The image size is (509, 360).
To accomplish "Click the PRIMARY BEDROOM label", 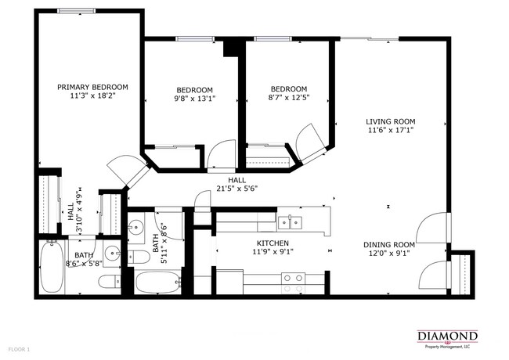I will click(x=92, y=87).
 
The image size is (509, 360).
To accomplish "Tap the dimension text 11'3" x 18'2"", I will click(x=92, y=96).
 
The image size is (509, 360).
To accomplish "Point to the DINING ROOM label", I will click(x=388, y=243).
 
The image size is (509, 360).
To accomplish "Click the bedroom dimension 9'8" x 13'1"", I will click(x=193, y=99).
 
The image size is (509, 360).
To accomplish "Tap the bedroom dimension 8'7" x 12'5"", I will click(x=287, y=99).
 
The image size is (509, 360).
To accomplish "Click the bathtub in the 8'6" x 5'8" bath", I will click(x=56, y=267).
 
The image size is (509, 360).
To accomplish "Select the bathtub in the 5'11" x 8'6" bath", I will click(x=159, y=281).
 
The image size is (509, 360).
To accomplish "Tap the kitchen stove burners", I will click(x=294, y=282).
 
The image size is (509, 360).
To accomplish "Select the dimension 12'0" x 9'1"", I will click(x=388, y=253).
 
